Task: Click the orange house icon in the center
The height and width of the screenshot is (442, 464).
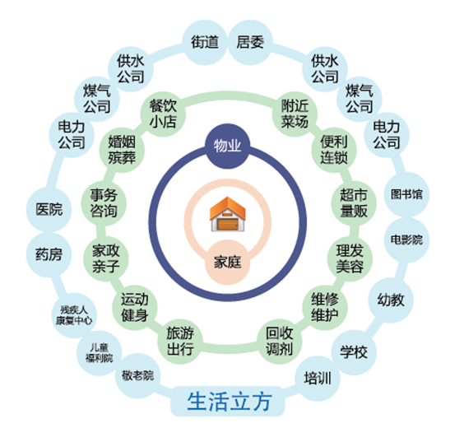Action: (x=227, y=214)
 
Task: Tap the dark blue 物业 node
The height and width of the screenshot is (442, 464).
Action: (x=228, y=146)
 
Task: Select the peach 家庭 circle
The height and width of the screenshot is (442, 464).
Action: (x=228, y=263)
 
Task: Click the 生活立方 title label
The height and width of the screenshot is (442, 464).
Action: (x=228, y=402)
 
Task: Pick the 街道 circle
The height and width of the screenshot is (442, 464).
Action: (x=205, y=42)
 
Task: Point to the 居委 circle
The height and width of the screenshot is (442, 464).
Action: (x=250, y=42)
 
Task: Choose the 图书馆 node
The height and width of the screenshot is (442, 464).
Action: (x=406, y=194)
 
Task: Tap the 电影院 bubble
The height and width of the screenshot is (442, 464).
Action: (x=406, y=240)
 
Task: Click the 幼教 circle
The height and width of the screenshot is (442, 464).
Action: (x=391, y=300)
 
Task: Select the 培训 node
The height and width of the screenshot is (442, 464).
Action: (x=318, y=379)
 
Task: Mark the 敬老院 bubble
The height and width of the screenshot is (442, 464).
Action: (x=137, y=375)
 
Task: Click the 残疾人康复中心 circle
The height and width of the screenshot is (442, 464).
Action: (x=74, y=315)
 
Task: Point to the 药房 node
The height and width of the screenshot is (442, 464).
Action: (x=49, y=254)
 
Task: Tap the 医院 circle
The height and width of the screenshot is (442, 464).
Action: (x=49, y=209)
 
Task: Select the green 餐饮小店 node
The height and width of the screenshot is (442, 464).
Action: (x=163, y=114)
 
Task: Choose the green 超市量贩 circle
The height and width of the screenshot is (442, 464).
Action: (x=354, y=203)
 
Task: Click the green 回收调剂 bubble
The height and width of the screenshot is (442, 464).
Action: (x=280, y=342)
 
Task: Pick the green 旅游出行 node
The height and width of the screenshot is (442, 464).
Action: (x=180, y=342)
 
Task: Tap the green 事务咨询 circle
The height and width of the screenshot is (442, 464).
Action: (x=104, y=203)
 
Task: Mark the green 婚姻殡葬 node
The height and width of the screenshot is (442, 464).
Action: (x=122, y=150)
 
